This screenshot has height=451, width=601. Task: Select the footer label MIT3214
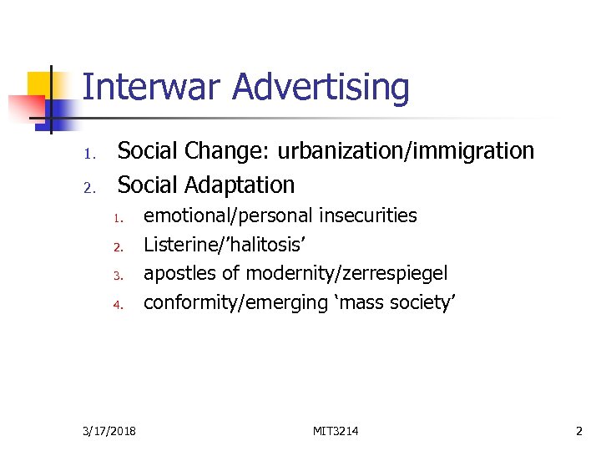[336, 430]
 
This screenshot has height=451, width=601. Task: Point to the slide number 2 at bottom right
[579, 430]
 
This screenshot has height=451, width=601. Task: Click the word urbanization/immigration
[406, 151]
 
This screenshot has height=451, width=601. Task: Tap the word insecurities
[368, 215]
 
